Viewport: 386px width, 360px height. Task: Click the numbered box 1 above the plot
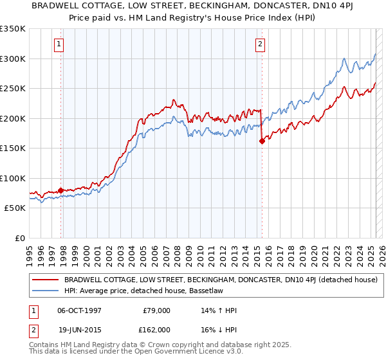(59, 44)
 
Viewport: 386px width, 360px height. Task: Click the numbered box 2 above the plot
(260, 44)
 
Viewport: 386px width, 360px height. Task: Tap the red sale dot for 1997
(61, 190)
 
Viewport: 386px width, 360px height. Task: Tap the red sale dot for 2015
(262, 141)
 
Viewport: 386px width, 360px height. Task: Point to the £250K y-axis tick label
(13, 88)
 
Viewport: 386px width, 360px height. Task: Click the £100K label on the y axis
(13, 178)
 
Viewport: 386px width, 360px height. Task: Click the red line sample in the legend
(46, 280)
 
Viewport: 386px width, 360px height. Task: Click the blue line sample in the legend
(46, 291)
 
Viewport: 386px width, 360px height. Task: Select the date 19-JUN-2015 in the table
(78, 330)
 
